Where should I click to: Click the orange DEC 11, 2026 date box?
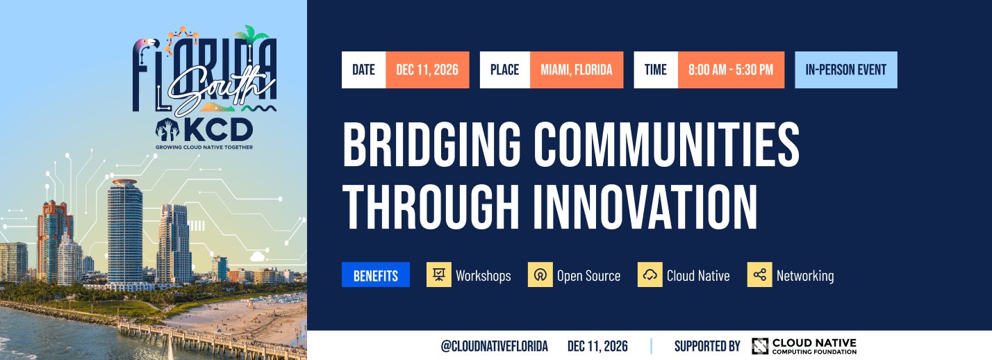(427, 70)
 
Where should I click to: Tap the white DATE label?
(363, 70)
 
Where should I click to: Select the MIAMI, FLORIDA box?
(577, 70)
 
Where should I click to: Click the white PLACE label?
(505, 70)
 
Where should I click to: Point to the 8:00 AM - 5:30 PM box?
(731, 70)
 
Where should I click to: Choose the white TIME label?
(656, 70)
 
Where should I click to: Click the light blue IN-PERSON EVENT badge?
(846, 70)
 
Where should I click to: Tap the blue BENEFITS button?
(376, 275)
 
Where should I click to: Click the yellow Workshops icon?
(439, 275)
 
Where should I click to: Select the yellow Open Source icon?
(540, 275)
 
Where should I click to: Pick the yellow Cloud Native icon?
(650, 275)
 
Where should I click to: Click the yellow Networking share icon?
(760, 275)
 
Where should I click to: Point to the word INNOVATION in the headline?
(645, 207)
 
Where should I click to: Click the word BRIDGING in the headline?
(432, 144)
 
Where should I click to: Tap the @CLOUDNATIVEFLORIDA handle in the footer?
(494, 346)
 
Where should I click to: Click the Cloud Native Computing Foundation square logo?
(760, 346)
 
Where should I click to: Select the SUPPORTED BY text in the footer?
(707, 346)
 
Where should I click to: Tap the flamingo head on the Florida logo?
(149, 44)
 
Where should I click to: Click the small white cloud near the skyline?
(257, 256)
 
